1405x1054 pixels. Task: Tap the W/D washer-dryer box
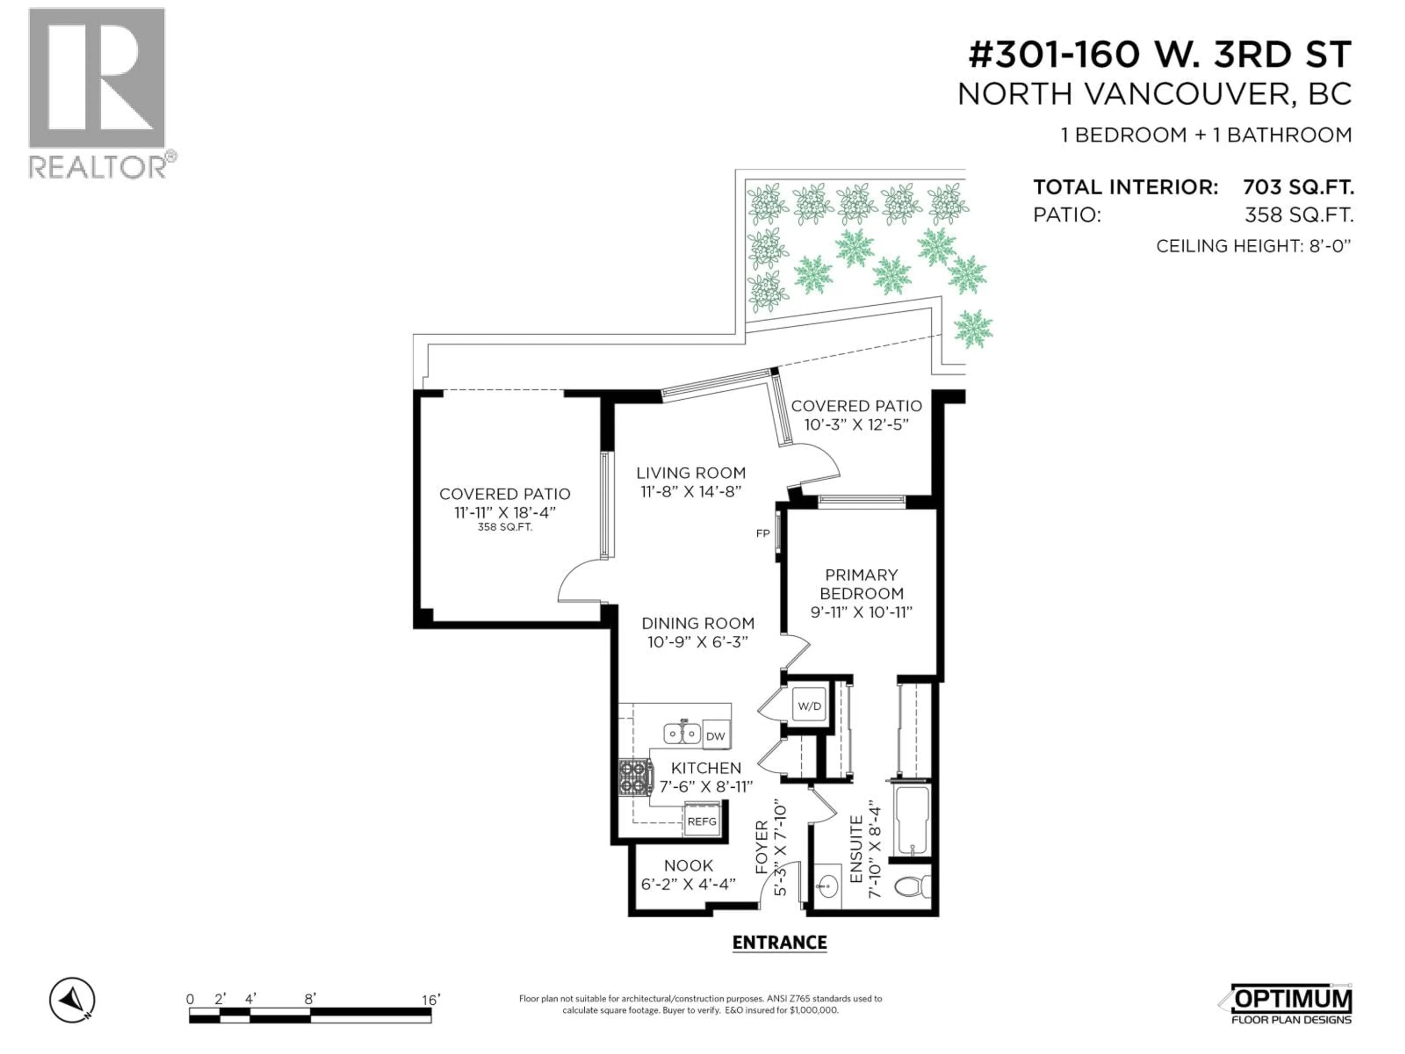pos(809,706)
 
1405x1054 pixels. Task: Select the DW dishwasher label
pos(715,736)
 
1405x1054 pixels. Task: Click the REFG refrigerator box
pos(702,822)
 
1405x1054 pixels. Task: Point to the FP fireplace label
pos(763,534)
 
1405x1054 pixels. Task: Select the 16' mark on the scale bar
pos(430,1000)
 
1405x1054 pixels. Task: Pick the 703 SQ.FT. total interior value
pos(1298,187)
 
